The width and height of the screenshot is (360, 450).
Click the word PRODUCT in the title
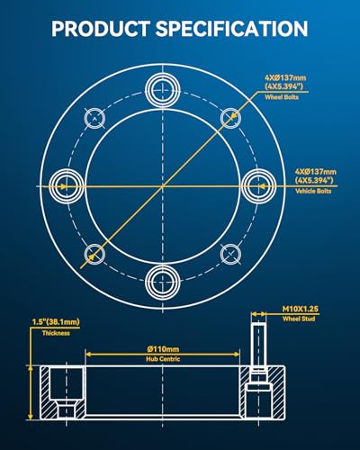coord(101,29)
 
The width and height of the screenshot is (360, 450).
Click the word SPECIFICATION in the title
coord(231,29)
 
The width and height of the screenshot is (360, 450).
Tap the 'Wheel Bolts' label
coord(282,97)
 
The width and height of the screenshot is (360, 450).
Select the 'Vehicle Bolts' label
coord(313,191)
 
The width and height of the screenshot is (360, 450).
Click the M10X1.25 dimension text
coord(301,309)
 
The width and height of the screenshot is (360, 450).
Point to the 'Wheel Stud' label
coord(299,319)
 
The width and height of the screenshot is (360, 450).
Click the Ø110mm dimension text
coord(163,349)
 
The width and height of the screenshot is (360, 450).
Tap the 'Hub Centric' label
coord(163,359)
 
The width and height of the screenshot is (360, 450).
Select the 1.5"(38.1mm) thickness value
coord(56,322)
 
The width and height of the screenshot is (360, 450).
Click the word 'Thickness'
coord(56,333)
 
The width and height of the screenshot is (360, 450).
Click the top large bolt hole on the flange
coord(163,89)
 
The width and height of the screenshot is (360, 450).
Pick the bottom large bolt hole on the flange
coord(163,282)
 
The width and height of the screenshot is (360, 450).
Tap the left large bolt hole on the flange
coord(67,186)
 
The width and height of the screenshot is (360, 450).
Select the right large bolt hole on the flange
coord(259,186)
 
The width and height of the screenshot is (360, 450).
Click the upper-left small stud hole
coord(94,118)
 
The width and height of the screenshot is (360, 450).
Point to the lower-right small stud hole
coord(230,254)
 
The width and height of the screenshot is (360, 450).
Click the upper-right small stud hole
coord(230,118)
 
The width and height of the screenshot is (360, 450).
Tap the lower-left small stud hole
coord(94,254)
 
